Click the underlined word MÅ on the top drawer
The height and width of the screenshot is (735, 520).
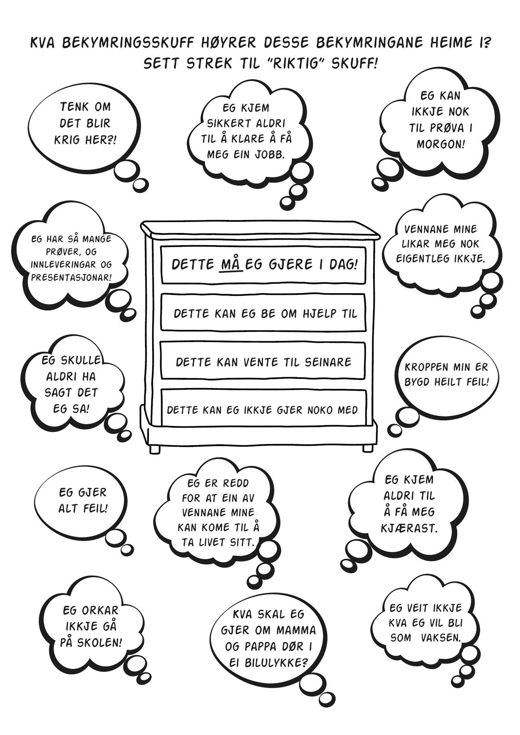coord(231,265)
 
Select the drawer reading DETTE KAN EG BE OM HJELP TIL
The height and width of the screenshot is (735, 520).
coord(263,312)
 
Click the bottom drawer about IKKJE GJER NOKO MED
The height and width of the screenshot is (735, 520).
coord(263,408)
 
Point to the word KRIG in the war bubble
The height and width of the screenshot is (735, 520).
coord(67,140)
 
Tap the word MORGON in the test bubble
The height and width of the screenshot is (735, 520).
coord(441,144)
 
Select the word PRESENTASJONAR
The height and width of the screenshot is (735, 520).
coord(71,277)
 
